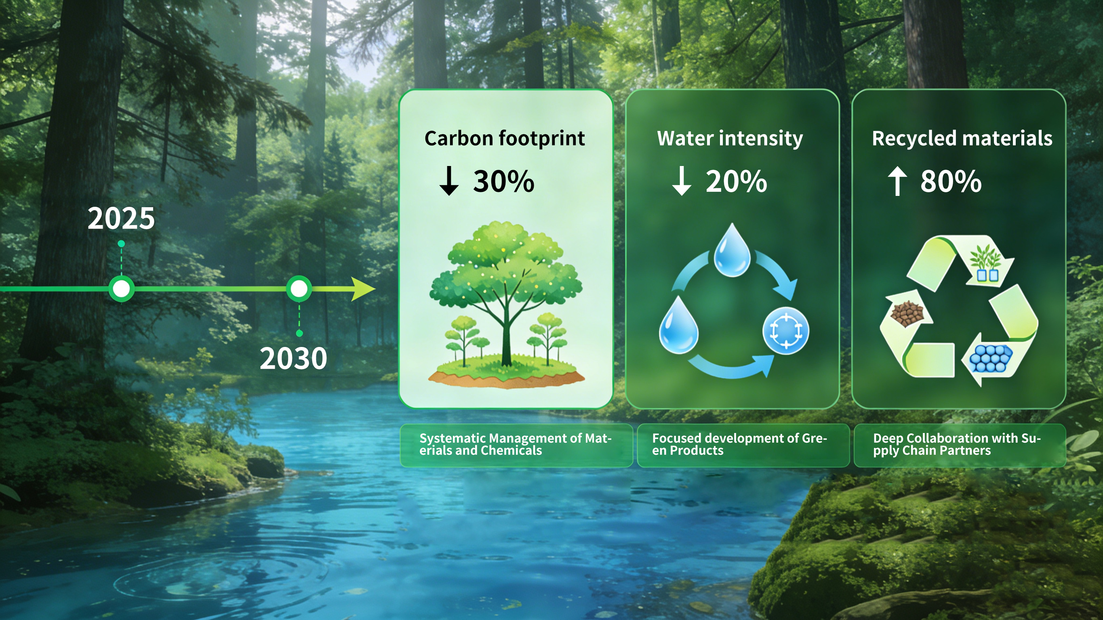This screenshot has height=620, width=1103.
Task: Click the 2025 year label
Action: click(121, 219)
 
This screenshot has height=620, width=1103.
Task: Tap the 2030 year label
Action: click(293, 358)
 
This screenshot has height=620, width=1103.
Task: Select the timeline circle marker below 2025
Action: click(122, 289)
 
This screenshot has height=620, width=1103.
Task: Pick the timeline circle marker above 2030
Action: click(299, 289)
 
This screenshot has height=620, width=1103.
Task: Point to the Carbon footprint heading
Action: click(504, 139)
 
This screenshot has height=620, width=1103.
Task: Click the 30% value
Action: click(503, 181)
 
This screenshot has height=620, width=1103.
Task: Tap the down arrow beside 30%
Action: click(449, 181)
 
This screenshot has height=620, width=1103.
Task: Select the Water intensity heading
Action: click(730, 139)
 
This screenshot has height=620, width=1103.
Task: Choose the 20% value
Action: click(736, 181)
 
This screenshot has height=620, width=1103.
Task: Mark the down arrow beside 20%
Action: click(682, 181)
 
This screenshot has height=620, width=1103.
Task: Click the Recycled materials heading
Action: click(962, 139)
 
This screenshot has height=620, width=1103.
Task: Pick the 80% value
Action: click(951, 181)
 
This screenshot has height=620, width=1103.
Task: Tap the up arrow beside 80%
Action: click(897, 181)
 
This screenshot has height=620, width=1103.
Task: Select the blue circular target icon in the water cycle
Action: click(786, 330)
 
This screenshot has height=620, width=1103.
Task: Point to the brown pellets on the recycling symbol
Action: click(907, 313)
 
